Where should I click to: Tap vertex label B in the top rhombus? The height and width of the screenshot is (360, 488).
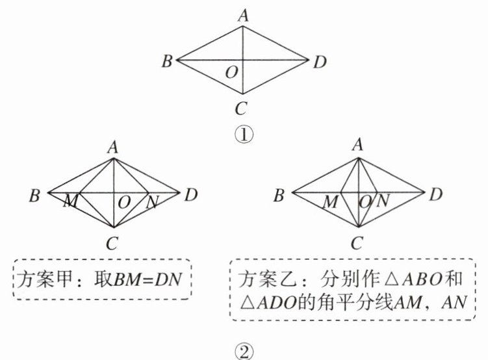[x=167, y=62]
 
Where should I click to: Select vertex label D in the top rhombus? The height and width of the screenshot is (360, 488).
[x=320, y=62]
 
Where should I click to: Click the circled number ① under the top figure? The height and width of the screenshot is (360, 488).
[x=243, y=135]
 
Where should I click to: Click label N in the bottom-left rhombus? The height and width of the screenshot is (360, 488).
[x=152, y=202]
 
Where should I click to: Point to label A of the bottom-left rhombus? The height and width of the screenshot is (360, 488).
[x=113, y=148]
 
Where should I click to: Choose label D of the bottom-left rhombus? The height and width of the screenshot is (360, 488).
[x=190, y=193]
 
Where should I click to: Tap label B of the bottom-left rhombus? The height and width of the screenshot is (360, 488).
[x=35, y=194]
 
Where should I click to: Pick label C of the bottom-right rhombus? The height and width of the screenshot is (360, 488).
[x=357, y=244]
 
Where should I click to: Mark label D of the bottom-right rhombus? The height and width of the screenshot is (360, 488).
[x=437, y=194]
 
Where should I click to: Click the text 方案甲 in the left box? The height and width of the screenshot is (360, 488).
[x=42, y=279]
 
